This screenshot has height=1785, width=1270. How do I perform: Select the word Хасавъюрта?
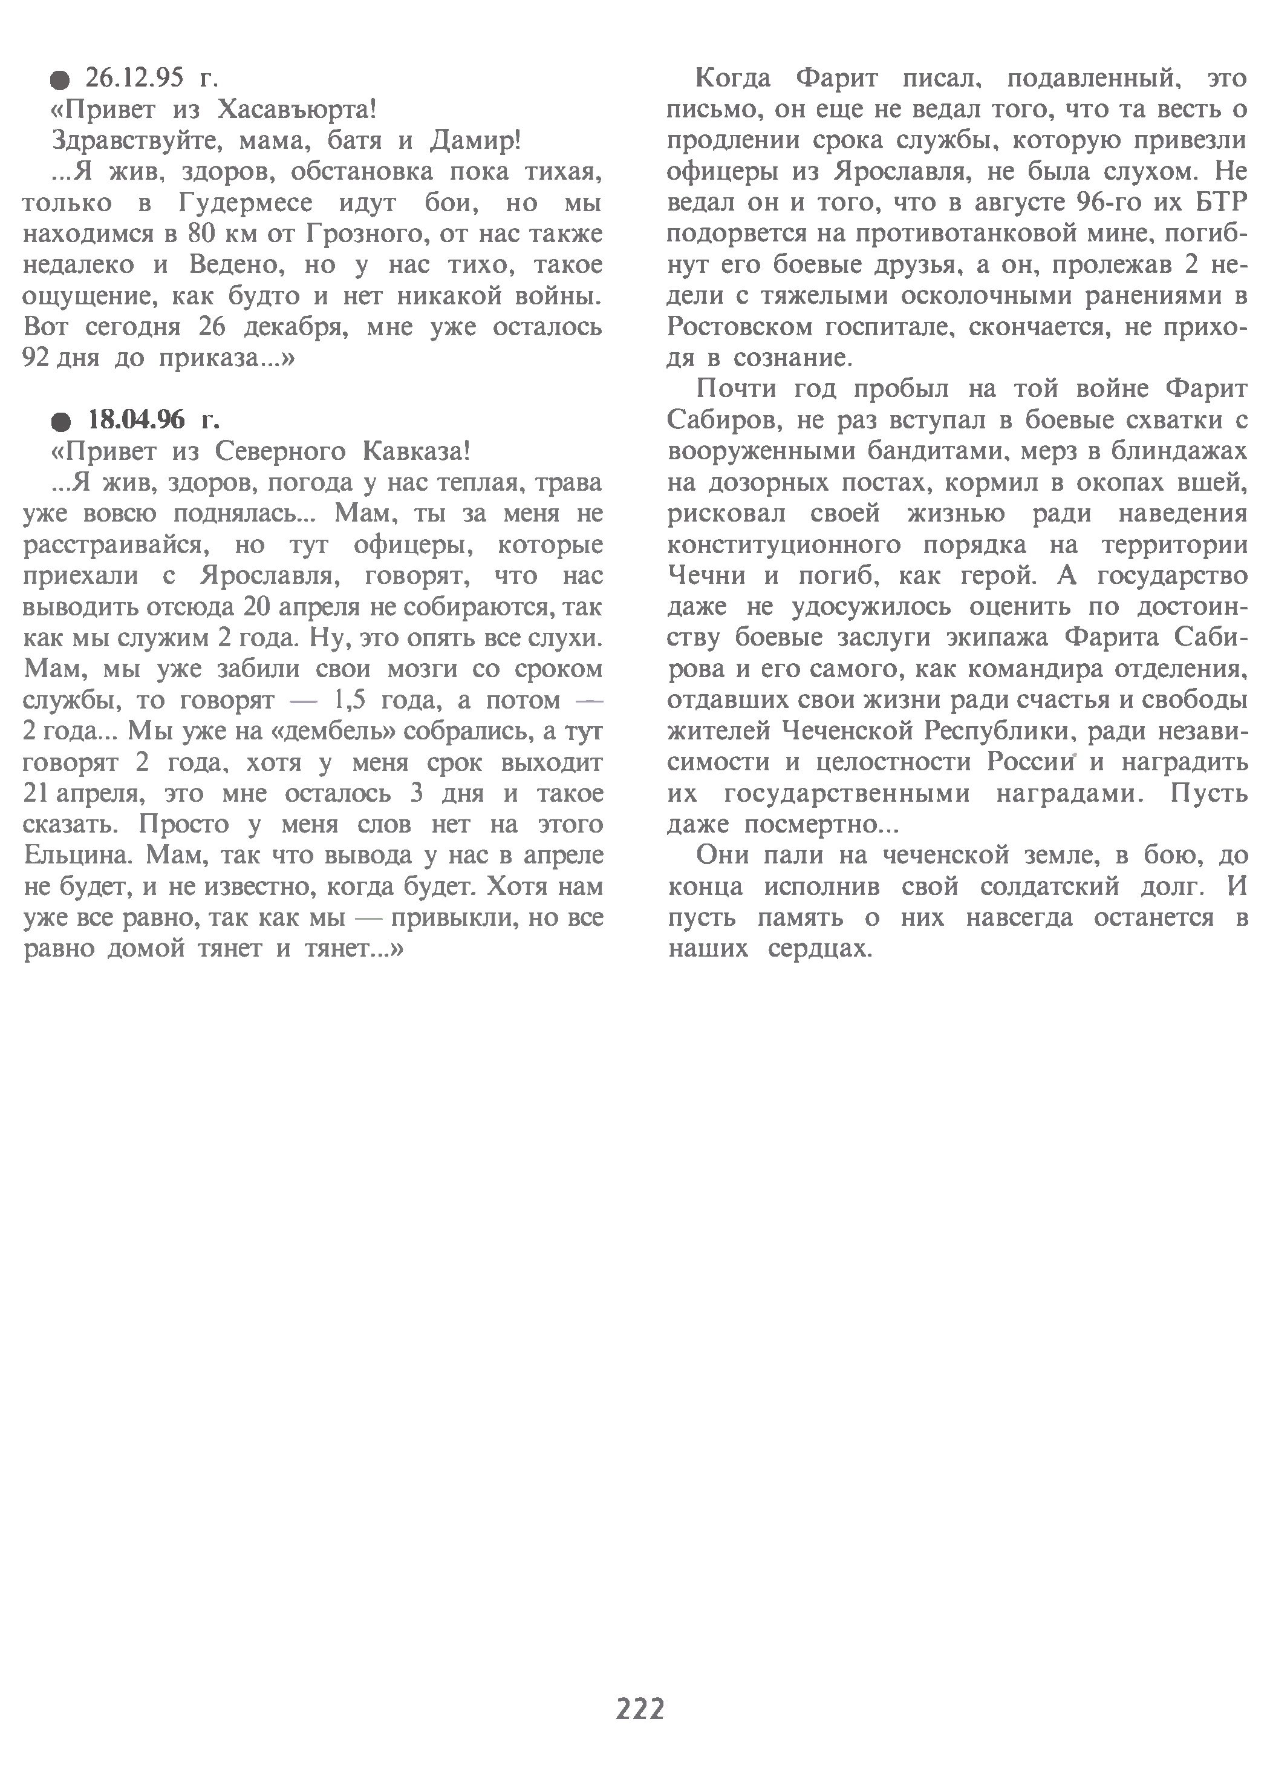[x=296, y=110]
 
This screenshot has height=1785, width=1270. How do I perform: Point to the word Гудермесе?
[x=246, y=203]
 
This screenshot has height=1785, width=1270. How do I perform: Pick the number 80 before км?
[x=203, y=234]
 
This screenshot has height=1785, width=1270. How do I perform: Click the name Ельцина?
[x=76, y=855]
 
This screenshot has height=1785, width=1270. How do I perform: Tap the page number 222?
[x=640, y=1709]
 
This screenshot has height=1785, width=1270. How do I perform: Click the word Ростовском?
[x=734, y=327]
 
